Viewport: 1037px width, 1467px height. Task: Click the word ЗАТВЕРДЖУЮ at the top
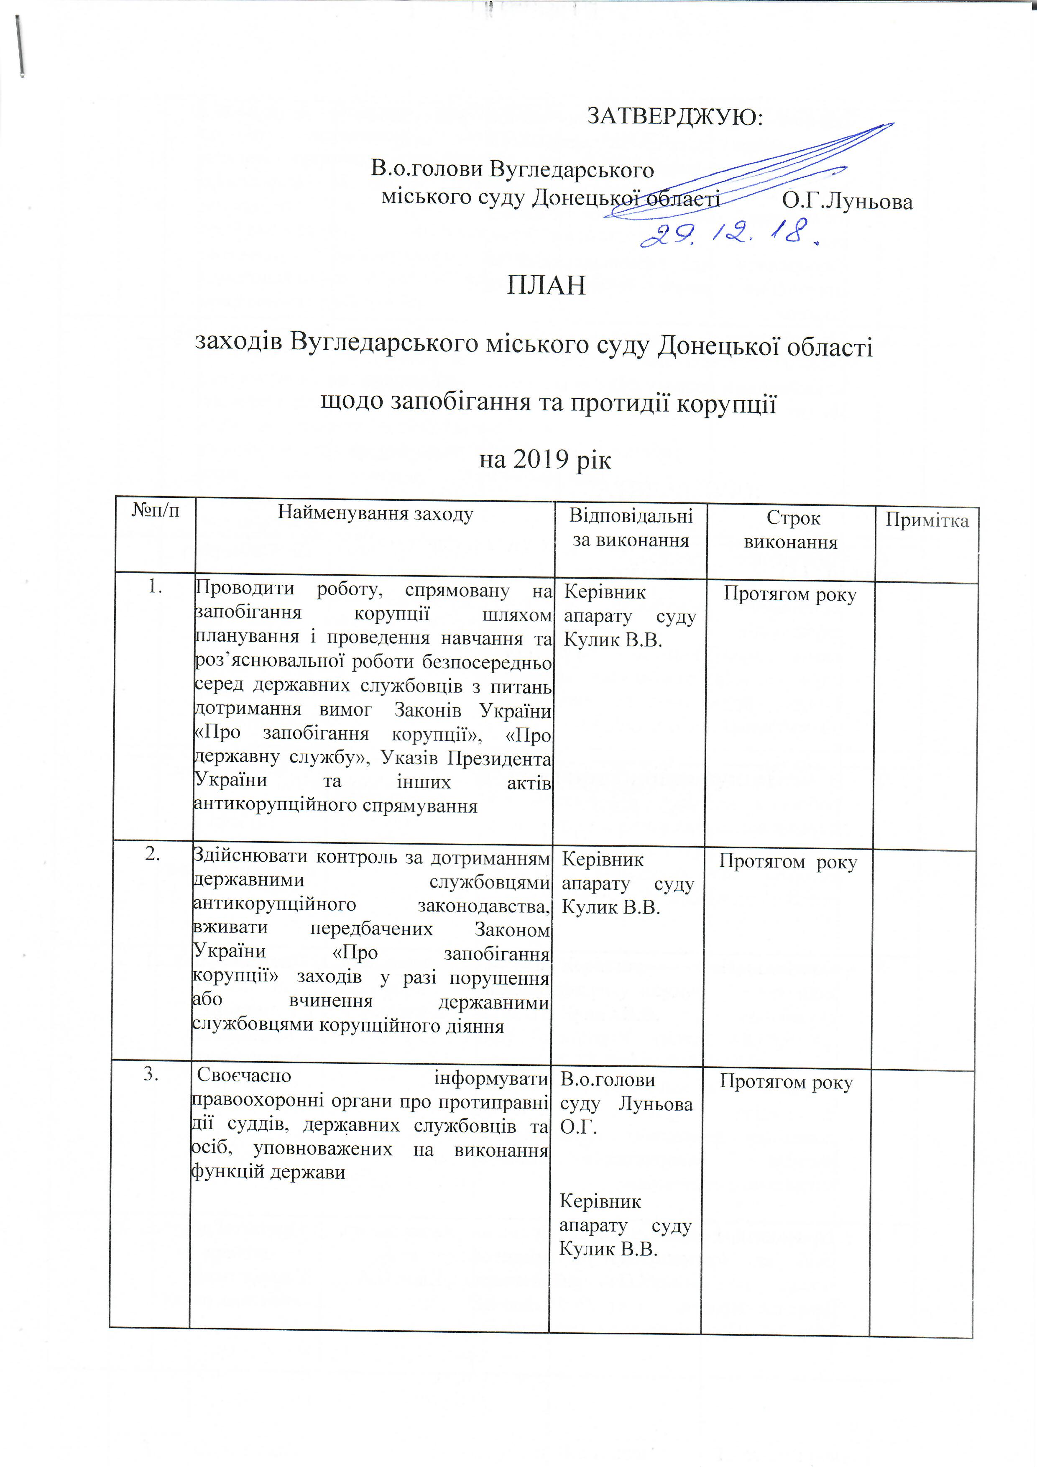click(674, 117)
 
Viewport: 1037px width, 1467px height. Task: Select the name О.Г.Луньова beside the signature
click(847, 202)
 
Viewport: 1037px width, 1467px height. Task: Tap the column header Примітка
click(927, 521)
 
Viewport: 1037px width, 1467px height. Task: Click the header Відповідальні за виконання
click(630, 528)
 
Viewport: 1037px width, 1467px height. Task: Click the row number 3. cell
click(151, 1075)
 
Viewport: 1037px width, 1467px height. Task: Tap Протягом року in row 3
click(786, 1082)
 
